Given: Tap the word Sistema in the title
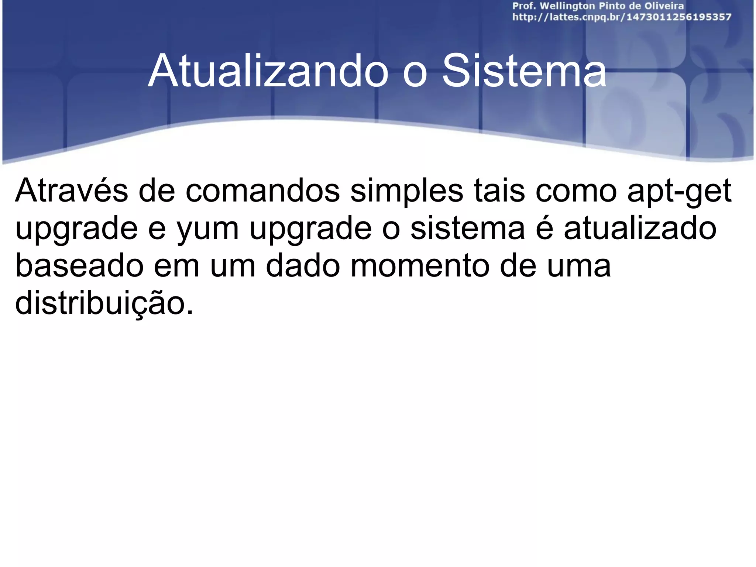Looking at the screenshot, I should (x=524, y=71).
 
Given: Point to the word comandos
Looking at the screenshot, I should (x=262, y=191).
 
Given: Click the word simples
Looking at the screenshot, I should (x=406, y=191).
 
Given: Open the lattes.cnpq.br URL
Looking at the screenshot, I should (x=622, y=17).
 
